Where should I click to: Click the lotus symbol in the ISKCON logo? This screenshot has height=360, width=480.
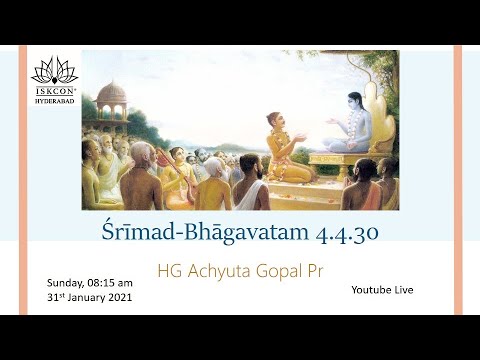click(54, 69)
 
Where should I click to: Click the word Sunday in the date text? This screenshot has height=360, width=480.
click(64, 283)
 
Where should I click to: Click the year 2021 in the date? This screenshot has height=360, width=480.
click(117, 298)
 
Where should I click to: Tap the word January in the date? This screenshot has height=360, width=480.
click(84, 298)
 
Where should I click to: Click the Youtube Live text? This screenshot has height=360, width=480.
click(382, 289)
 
